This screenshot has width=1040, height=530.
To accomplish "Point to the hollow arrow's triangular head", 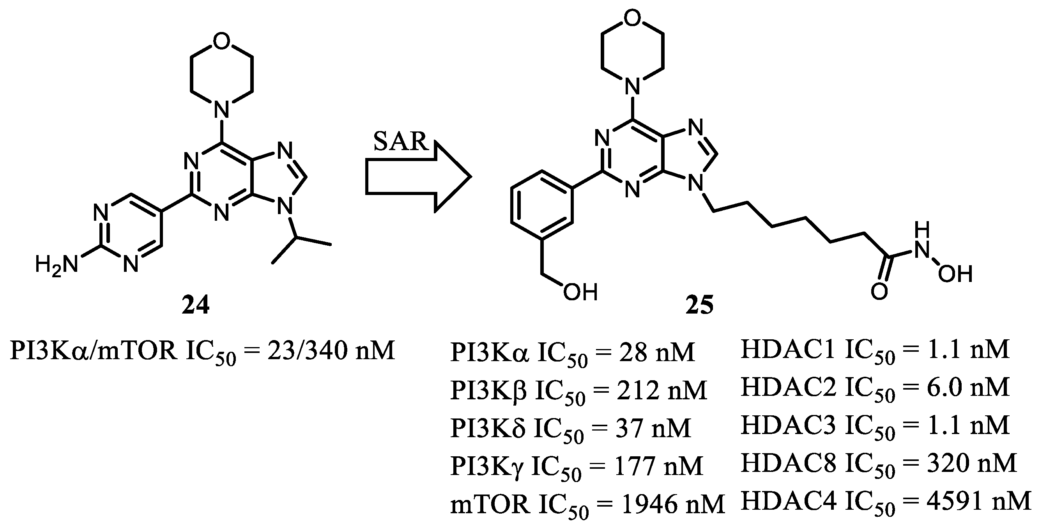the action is coord(452,177).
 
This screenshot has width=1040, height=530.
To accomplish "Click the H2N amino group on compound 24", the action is coord(56,265).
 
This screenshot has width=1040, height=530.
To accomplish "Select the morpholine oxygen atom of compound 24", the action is coord(222,43).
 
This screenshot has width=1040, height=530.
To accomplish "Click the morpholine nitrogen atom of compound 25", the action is coord(632,85).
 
